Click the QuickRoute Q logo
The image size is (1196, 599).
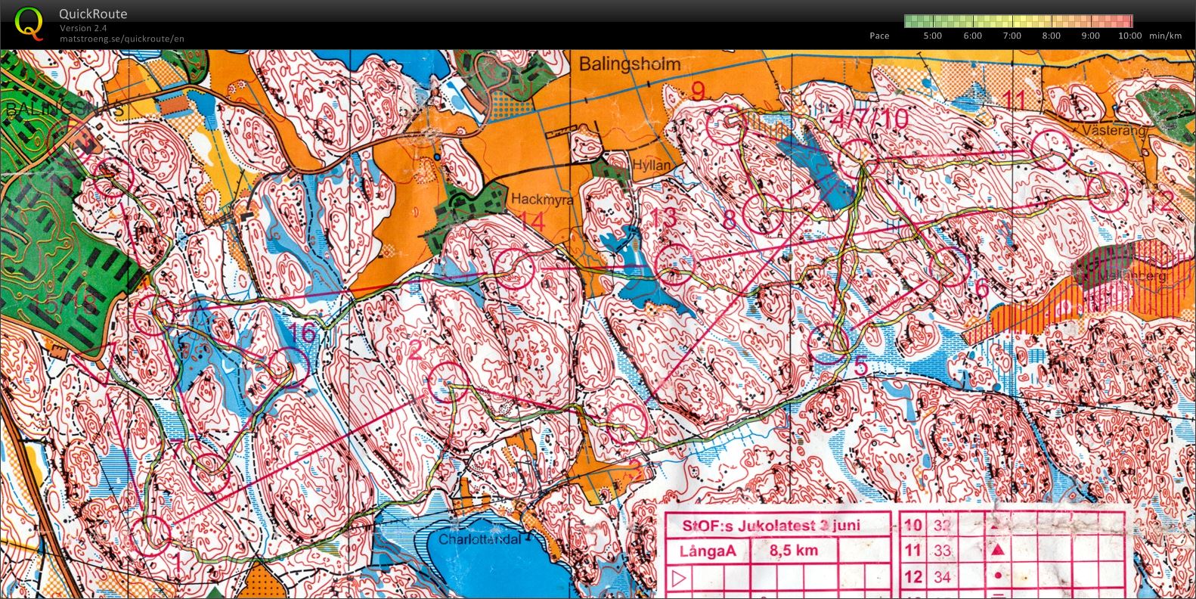tap(29, 23)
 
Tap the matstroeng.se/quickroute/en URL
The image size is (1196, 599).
tap(122, 39)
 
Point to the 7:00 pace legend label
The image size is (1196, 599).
tap(1012, 36)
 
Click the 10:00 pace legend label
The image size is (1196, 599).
tap(1129, 36)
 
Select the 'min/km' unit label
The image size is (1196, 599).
tap(1165, 36)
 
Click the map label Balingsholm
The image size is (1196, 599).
tap(630, 64)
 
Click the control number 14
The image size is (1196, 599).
tap(532, 222)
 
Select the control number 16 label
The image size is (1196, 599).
tap(302, 333)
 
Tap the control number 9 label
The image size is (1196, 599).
tap(698, 91)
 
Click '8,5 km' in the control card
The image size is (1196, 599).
tap(793, 551)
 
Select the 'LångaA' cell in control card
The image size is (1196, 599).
tap(707, 551)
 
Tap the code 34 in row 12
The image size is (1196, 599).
tap(942, 577)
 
